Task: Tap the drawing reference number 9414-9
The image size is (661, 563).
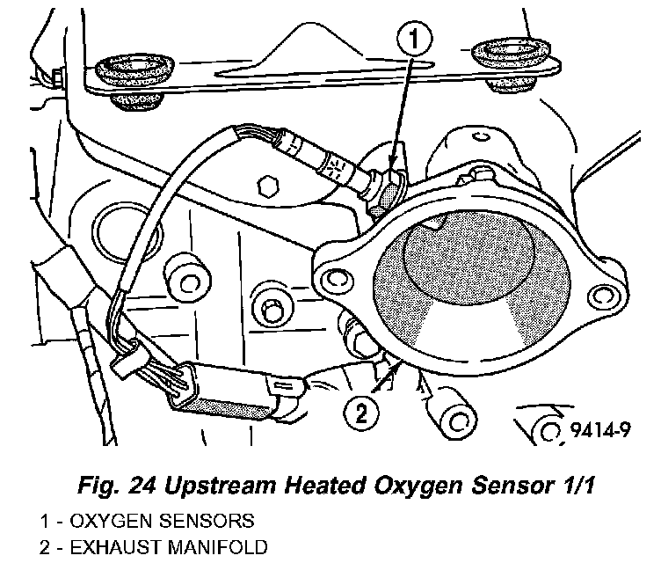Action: (607, 430)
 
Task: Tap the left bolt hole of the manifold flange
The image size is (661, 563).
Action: (333, 280)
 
